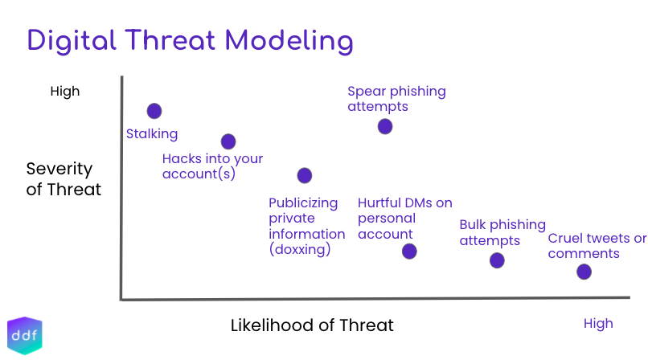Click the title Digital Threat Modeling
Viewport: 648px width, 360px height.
pyautogui.click(x=190, y=40)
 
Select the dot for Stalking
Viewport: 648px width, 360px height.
pyautogui.click(x=154, y=111)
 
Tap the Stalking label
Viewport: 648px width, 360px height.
pyautogui.click(x=152, y=133)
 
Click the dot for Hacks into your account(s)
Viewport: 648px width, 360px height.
pyautogui.click(x=228, y=141)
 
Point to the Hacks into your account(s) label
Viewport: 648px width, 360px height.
pyautogui.click(x=212, y=166)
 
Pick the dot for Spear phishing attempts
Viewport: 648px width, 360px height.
pyautogui.click(x=385, y=126)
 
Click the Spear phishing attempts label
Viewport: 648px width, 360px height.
pyautogui.click(x=396, y=99)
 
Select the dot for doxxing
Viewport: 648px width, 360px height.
pyautogui.click(x=304, y=175)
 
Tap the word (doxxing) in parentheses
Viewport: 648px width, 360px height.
pyautogui.click(x=300, y=250)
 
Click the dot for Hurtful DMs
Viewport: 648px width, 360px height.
pyautogui.click(x=409, y=252)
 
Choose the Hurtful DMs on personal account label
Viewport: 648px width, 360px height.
pyautogui.click(x=404, y=219)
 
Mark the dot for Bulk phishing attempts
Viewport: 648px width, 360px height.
pyautogui.click(x=497, y=260)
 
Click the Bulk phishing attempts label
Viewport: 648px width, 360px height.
pyautogui.click(x=502, y=232)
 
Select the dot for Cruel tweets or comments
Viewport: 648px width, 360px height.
pyautogui.click(x=584, y=272)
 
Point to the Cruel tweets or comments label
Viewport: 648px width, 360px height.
pyautogui.click(x=597, y=246)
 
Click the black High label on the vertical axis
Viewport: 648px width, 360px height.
pyautogui.click(x=65, y=91)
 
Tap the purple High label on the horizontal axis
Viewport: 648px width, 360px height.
pyautogui.click(x=598, y=324)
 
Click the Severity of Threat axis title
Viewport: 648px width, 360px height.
pyautogui.click(x=64, y=179)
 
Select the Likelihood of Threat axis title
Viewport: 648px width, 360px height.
pyautogui.click(x=312, y=325)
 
